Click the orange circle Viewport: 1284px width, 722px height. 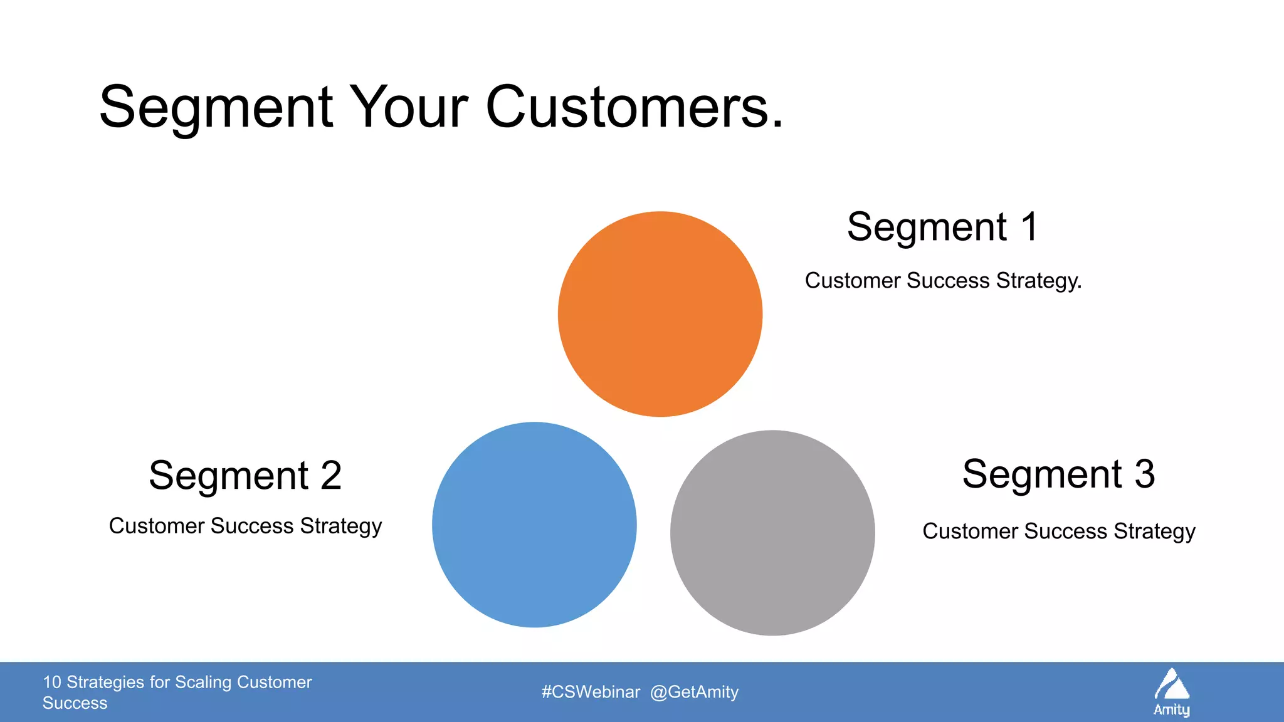660,314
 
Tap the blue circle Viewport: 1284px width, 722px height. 534,525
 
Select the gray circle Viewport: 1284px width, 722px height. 772,533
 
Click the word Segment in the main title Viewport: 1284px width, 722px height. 216,108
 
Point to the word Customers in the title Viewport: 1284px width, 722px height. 633,108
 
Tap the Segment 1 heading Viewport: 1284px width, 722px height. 942,227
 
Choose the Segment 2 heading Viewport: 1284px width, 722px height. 245,476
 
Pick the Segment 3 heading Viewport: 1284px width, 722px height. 1058,474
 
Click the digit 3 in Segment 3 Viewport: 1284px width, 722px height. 1144,474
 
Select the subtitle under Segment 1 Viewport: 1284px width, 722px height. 943,281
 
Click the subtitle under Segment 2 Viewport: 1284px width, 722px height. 245,526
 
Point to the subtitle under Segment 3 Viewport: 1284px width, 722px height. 1058,531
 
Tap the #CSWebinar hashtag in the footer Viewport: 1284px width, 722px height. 591,692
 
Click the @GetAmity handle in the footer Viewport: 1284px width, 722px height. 694,692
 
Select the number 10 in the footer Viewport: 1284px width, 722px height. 51,682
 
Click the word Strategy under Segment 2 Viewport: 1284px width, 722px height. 340,526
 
